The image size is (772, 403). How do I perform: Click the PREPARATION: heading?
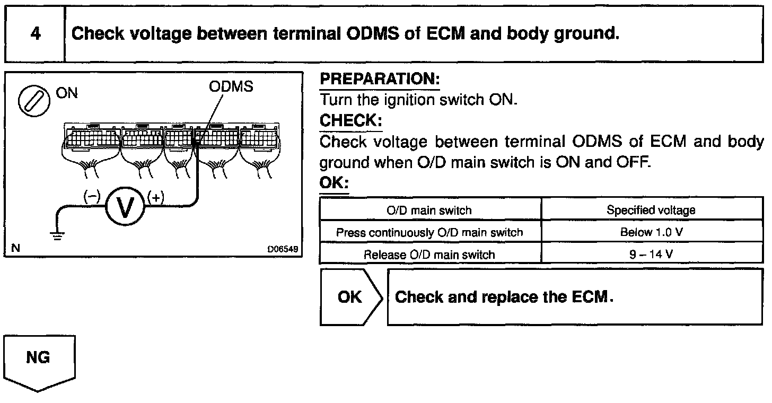click(380, 80)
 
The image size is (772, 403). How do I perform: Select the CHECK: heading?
click(350, 121)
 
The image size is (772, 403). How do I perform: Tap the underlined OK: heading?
click(334, 183)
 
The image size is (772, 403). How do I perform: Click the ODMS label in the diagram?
click(231, 87)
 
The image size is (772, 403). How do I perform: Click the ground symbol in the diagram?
click(57, 234)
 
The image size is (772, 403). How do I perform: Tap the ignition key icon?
click(31, 101)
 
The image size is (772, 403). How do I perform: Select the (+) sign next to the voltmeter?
click(156, 197)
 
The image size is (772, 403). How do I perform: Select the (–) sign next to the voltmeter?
click(92, 197)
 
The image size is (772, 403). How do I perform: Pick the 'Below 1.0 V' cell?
click(651, 232)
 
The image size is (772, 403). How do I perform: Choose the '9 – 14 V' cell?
click(651, 254)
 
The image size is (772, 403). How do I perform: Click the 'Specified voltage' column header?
click(651, 210)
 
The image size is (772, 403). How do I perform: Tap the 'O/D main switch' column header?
click(429, 210)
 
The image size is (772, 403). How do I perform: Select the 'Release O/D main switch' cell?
click(429, 255)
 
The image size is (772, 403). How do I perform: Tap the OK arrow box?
click(350, 297)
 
